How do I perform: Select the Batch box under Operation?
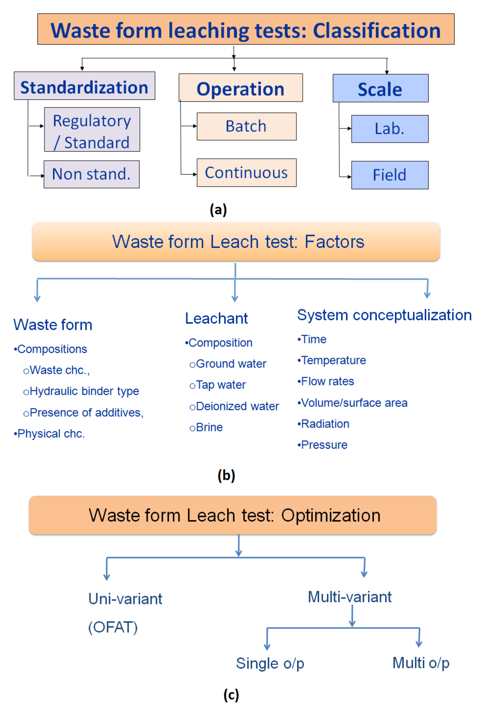tap(246, 126)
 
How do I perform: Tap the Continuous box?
tap(246, 173)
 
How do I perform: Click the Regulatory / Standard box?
tap(92, 129)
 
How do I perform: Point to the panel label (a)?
tap(218, 210)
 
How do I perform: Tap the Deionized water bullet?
tap(234, 406)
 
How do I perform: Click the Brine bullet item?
tap(206, 427)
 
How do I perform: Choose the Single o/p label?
tap(270, 663)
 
